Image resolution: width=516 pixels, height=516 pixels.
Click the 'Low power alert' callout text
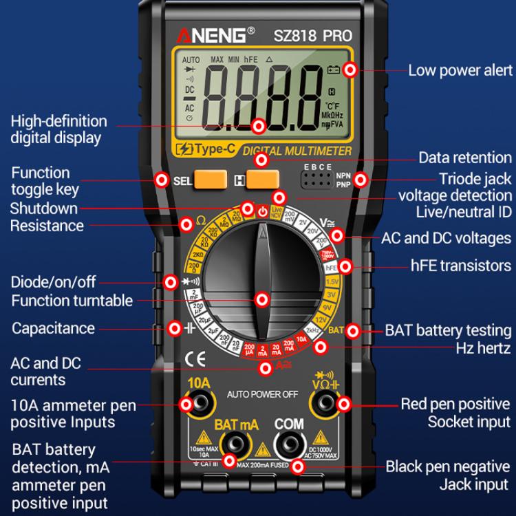point(460,70)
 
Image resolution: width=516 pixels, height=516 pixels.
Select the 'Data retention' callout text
point(464,158)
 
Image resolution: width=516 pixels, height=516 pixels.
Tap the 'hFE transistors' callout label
point(461,266)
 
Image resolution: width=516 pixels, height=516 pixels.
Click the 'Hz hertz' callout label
point(483,348)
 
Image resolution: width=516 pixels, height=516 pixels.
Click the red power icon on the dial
point(262,210)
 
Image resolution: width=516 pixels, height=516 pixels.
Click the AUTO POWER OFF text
point(262,394)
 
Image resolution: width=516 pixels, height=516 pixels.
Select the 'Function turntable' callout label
point(72,301)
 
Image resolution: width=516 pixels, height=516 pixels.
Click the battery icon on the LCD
point(334,69)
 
